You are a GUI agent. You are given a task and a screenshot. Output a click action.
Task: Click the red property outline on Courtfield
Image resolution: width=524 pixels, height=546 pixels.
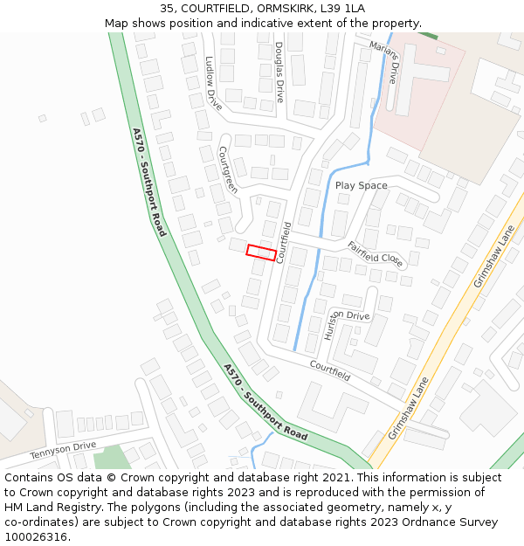(261, 252)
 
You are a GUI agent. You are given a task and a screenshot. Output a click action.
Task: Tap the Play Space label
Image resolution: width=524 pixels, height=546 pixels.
(361, 185)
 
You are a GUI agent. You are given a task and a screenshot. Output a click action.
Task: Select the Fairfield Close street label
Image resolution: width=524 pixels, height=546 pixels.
(376, 254)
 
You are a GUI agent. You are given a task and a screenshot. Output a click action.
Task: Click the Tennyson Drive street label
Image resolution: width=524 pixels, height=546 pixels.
(63, 451)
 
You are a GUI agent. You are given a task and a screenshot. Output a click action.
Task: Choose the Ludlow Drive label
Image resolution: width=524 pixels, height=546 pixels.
(212, 82)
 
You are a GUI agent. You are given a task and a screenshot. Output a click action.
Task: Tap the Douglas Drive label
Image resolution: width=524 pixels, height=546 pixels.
(279, 72)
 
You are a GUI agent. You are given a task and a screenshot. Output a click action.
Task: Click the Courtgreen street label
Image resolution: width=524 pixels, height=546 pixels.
(228, 169)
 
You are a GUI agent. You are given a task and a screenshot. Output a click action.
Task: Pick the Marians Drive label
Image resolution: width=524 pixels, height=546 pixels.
(383, 61)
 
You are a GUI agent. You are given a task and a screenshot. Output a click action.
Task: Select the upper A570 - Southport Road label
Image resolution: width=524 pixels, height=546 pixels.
(149, 182)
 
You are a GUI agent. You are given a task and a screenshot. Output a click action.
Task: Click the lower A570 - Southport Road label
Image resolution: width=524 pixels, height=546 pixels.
(265, 402)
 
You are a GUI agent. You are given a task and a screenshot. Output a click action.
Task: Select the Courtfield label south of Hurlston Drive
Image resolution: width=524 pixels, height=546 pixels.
(329, 371)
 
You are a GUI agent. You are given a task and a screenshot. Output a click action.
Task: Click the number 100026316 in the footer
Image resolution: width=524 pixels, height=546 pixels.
(38, 536)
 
